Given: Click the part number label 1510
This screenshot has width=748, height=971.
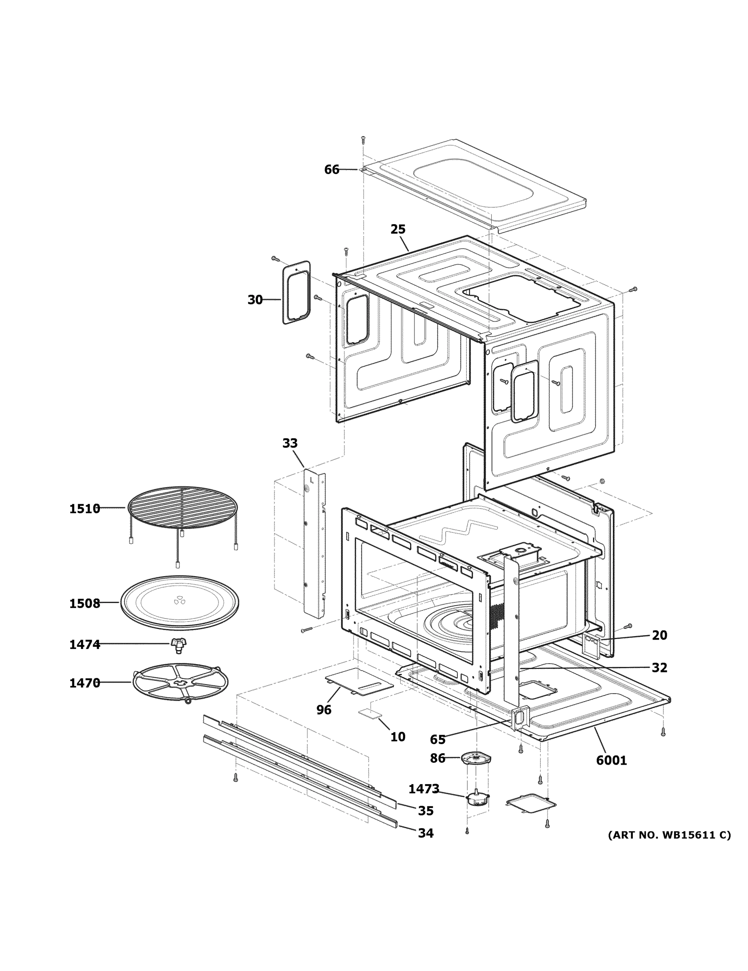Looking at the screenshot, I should tap(85, 509).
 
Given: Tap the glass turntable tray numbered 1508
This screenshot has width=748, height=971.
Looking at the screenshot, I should tap(180, 602).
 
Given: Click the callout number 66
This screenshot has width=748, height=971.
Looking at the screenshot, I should tap(332, 170).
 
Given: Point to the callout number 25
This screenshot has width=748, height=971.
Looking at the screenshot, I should tap(397, 229).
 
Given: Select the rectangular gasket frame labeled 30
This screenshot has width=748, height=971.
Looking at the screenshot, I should tap(296, 292).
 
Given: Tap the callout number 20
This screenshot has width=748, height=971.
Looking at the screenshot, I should tap(659, 635).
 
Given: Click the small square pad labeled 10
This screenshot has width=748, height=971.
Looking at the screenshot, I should tap(370, 713).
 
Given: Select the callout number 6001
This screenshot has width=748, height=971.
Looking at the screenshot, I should tap(611, 760).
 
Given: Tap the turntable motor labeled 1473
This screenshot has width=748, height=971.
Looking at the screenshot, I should tap(477, 799).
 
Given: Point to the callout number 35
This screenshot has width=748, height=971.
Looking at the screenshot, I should tap(425, 810).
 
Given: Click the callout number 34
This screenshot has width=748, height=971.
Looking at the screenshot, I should tap(425, 833).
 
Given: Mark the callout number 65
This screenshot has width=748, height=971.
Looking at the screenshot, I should tap(437, 739).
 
